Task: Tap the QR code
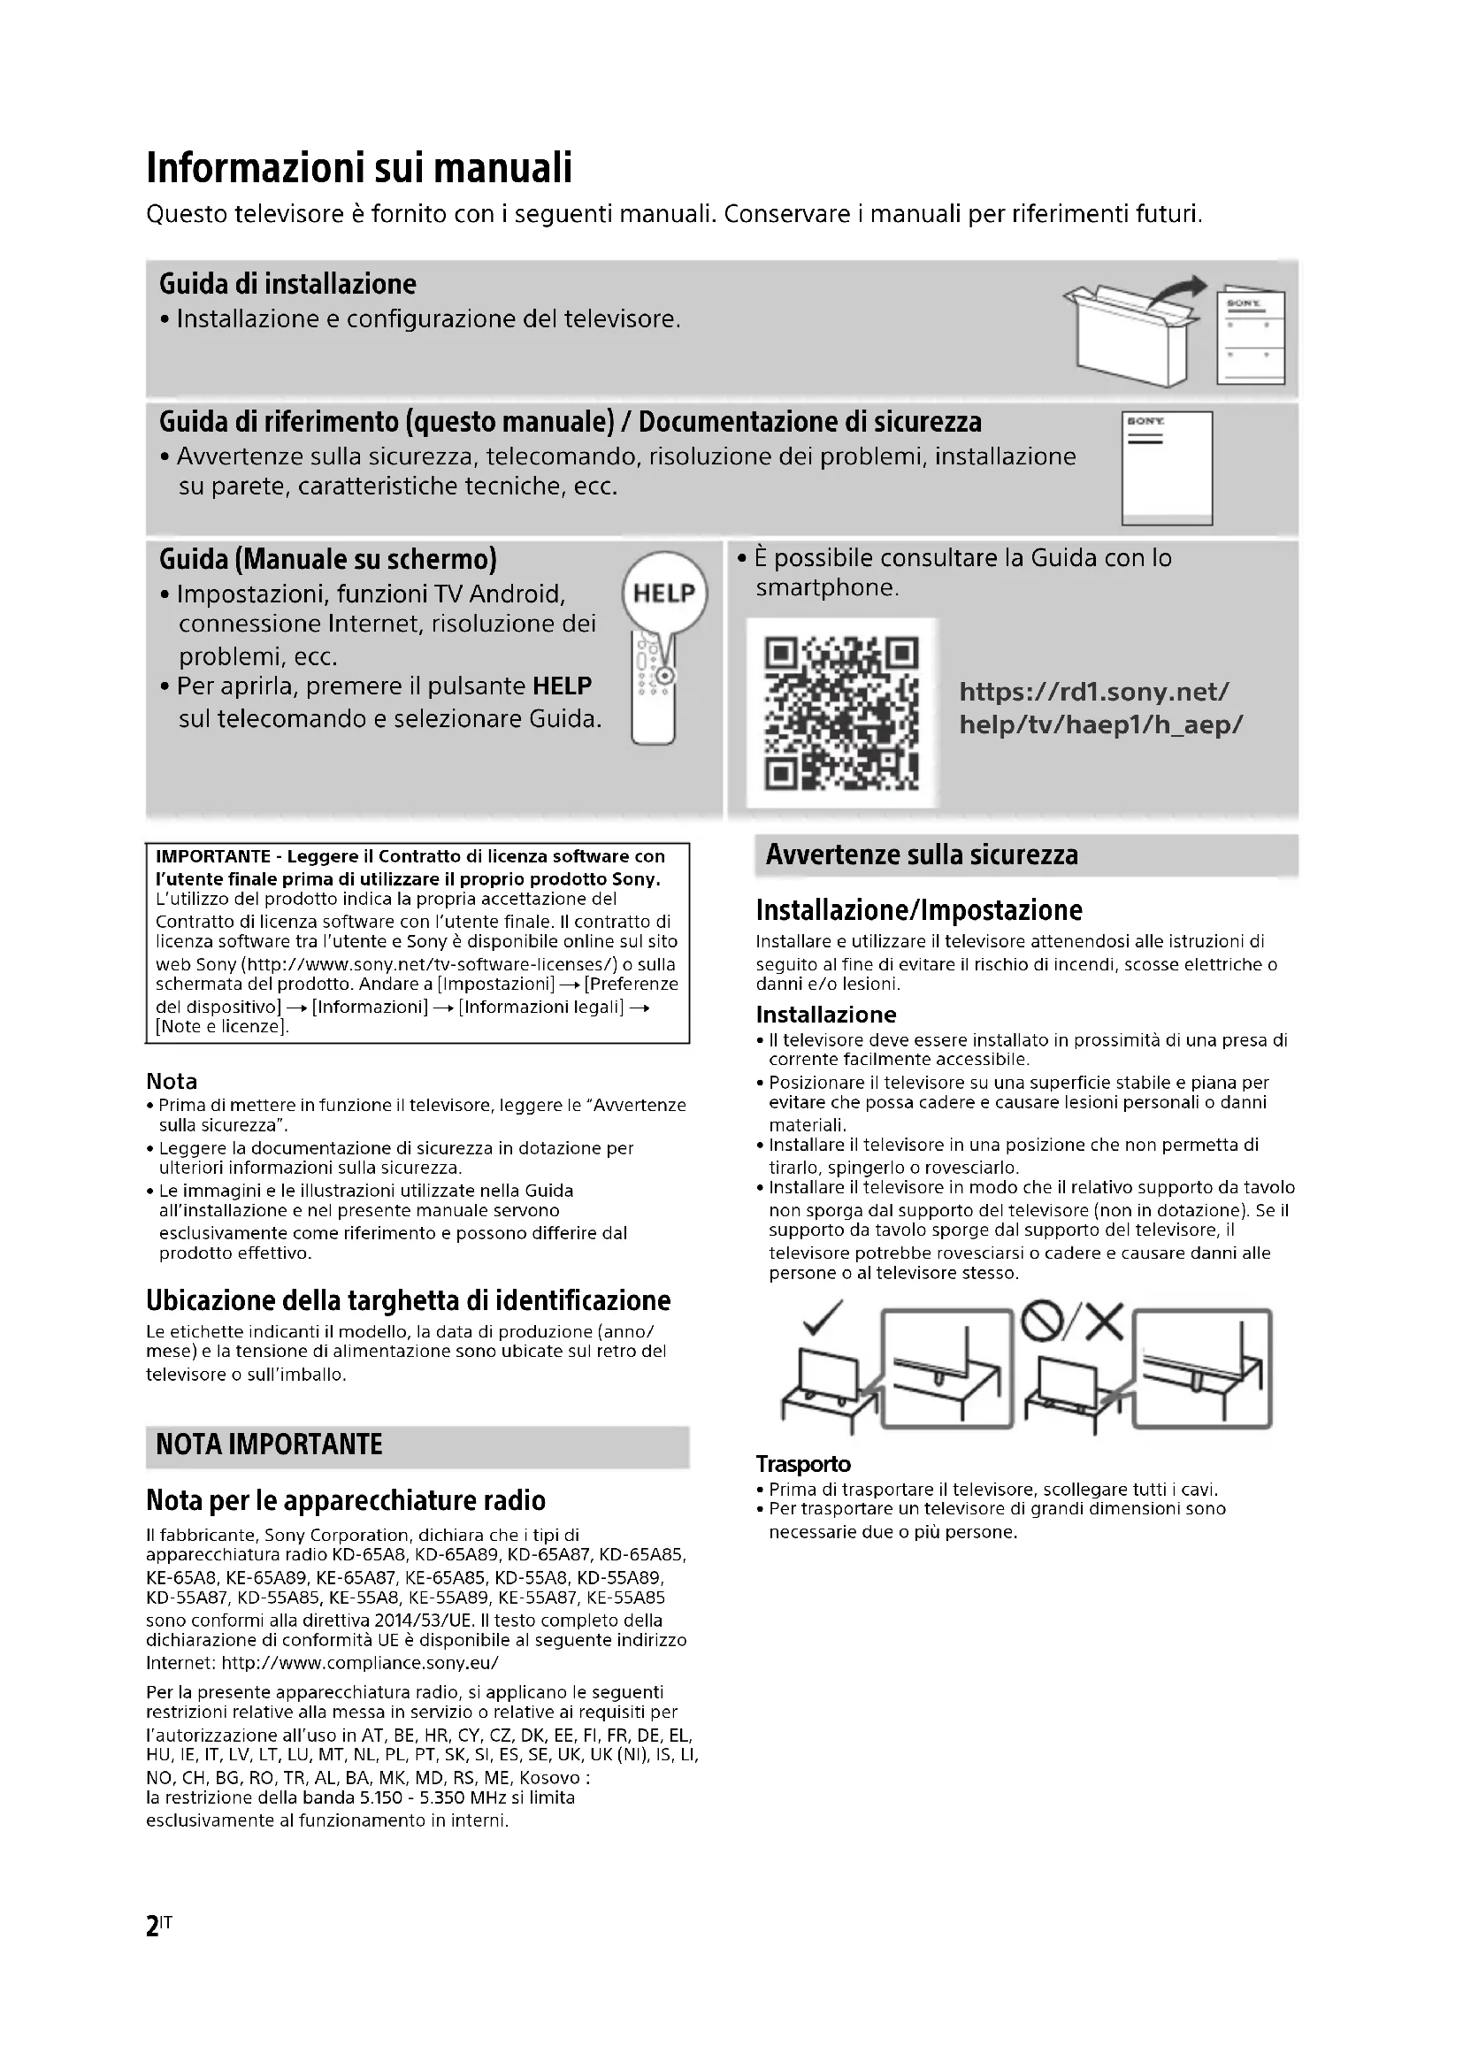click(x=841, y=712)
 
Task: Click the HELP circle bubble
click(x=665, y=593)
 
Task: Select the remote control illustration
click(x=654, y=689)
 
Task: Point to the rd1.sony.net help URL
click(x=1100, y=709)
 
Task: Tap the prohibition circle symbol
click(x=1042, y=1322)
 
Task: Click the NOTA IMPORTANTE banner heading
click(x=269, y=1444)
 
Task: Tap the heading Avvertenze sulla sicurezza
click(x=921, y=854)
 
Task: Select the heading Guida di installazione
click(x=287, y=284)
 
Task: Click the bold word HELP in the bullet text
click(x=563, y=686)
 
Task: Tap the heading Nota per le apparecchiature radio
click(x=346, y=1500)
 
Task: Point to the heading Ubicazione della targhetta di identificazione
click(x=408, y=1300)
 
